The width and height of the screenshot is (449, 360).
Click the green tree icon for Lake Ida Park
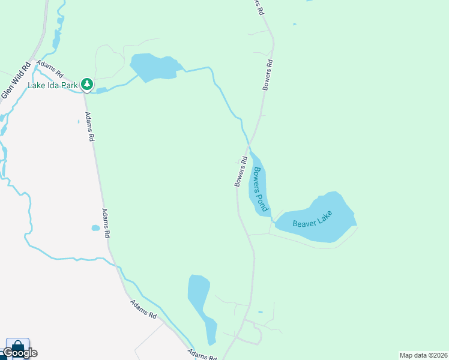88,83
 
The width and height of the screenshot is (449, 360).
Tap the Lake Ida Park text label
53,85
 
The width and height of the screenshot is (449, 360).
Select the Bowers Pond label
259,188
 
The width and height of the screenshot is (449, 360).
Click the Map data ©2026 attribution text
424,355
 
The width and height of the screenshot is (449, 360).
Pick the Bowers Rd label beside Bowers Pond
241,172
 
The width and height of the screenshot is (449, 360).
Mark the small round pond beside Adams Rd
95,228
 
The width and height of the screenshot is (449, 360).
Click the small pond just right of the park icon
101,91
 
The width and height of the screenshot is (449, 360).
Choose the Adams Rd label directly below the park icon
90,127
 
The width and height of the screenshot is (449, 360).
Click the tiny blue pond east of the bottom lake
260,312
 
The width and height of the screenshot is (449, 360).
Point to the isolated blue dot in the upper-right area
294,25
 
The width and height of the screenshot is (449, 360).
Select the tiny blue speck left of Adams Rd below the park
79,122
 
